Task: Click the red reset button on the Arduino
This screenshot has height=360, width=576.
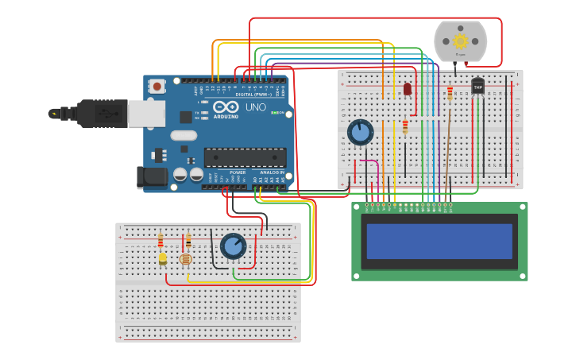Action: tap(157, 86)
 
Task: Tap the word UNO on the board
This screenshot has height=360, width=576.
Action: tap(256, 107)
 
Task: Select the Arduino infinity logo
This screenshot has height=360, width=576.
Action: tap(226, 107)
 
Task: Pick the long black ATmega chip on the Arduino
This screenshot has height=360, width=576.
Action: tap(245, 157)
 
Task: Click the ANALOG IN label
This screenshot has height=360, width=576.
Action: tap(268, 172)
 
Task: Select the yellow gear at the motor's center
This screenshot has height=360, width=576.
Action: tap(461, 41)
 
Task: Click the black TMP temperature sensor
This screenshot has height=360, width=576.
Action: tap(477, 86)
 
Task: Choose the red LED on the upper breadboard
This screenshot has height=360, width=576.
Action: tap(408, 89)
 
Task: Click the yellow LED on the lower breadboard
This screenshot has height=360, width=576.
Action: tap(162, 257)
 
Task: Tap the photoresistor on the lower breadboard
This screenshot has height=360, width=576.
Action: tap(186, 259)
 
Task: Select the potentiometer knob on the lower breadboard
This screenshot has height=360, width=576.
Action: tap(233, 246)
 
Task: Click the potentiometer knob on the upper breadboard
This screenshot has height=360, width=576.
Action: tap(360, 132)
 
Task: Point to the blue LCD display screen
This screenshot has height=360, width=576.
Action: tap(439, 241)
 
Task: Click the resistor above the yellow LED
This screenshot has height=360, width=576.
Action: tap(160, 238)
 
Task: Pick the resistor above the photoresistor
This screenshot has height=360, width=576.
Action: tap(188, 238)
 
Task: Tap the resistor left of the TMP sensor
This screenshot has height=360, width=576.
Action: tap(450, 94)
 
